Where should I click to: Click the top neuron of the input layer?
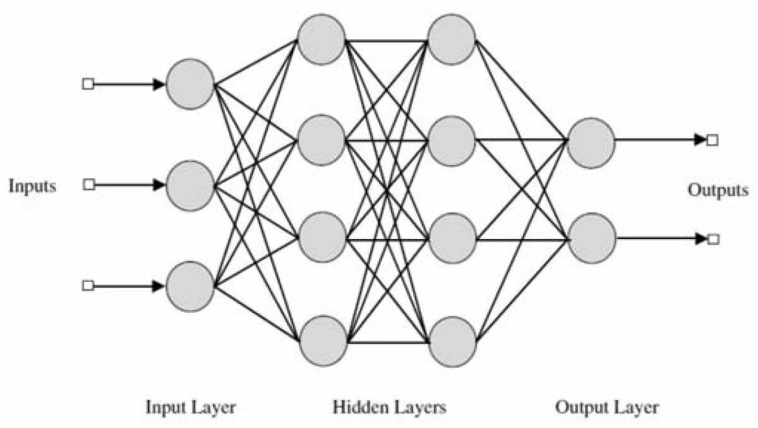(x=190, y=84)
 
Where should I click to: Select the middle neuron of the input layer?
(x=190, y=185)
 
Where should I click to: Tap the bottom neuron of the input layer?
(x=190, y=286)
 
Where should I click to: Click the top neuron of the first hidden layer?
(x=322, y=39)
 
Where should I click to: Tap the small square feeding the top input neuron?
(x=88, y=84)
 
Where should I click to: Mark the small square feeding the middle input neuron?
(x=89, y=185)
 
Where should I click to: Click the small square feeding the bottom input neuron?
(x=88, y=286)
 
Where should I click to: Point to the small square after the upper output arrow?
(x=713, y=140)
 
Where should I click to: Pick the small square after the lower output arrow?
(x=713, y=239)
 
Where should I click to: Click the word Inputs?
(x=32, y=186)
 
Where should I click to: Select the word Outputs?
(x=718, y=190)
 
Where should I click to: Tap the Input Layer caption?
(x=191, y=407)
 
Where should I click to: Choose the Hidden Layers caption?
(x=389, y=407)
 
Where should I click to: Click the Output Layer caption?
(x=606, y=407)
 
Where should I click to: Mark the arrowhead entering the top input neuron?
(x=159, y=84)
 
